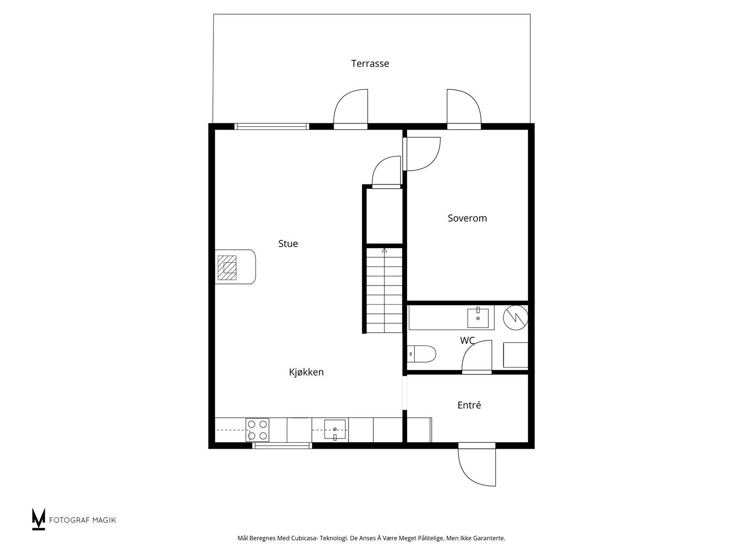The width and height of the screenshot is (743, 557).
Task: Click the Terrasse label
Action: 370,64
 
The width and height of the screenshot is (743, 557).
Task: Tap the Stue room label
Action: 288,244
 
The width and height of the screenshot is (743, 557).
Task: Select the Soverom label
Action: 467,218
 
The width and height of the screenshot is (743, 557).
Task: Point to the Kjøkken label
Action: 306,372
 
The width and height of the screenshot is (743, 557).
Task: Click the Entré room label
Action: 469,405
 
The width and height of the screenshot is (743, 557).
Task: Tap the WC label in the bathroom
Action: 467,340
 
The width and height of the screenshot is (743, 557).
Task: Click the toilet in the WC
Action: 421,354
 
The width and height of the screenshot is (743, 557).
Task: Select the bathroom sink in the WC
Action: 477,318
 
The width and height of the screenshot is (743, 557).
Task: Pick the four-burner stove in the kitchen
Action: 257,430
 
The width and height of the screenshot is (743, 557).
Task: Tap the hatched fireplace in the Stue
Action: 227,268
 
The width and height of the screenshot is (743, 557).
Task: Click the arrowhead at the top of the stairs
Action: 384,250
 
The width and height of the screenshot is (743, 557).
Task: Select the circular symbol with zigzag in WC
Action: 515,318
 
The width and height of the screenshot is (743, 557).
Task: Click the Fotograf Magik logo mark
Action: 38,519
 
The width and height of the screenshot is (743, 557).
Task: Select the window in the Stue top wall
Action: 272,127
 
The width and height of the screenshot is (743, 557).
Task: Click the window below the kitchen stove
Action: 282,445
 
